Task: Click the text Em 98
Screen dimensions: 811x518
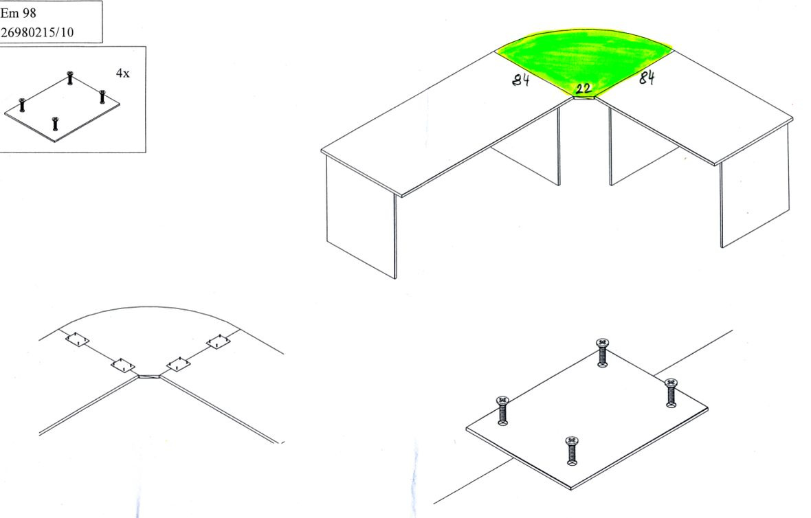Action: pos(18,14)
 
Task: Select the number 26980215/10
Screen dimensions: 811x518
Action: pos(36,32)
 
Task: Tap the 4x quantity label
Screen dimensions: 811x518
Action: pos(122,74)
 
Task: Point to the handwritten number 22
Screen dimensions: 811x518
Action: pos(584,89)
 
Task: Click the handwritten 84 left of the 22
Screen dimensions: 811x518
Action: pos(521,80)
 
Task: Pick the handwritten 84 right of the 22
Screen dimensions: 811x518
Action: pos(647,78)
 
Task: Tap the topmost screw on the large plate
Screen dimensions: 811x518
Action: pos(602,352)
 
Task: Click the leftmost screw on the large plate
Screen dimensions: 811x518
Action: pos(502,410)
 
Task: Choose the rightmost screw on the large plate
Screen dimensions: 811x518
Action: pos(671,393)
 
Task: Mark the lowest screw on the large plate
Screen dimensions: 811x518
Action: pos(572,451)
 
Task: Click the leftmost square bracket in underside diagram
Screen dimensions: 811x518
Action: pos(77,339)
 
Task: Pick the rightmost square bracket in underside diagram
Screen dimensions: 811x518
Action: pos(218,341)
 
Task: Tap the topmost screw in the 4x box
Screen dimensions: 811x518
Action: pos(70,78)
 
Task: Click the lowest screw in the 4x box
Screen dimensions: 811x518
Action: pos(55,124)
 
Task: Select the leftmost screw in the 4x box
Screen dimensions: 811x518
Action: pos(22,104)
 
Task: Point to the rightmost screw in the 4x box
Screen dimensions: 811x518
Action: pos(102,96)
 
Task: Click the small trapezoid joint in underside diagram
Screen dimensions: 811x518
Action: pos(148,375)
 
